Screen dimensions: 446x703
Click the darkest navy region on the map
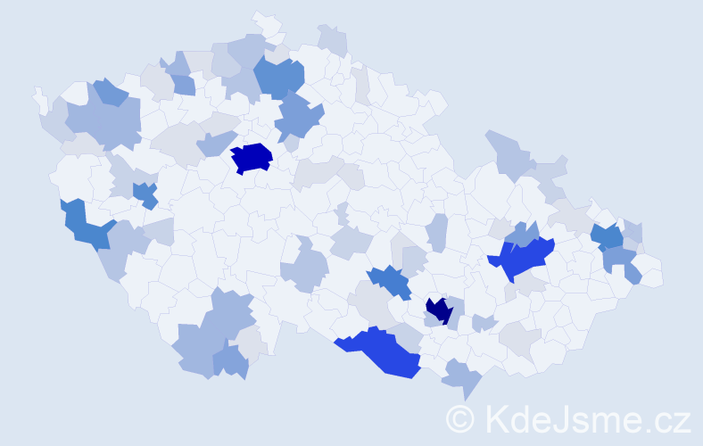pos(438,310)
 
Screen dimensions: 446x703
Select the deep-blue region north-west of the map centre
pos(252,158)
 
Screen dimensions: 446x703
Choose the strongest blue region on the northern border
pos(278,77)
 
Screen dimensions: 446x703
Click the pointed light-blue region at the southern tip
pos(461,378)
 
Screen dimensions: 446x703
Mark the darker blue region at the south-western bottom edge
pos(230,361)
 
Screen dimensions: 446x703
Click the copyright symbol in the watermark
pos(461,417)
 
